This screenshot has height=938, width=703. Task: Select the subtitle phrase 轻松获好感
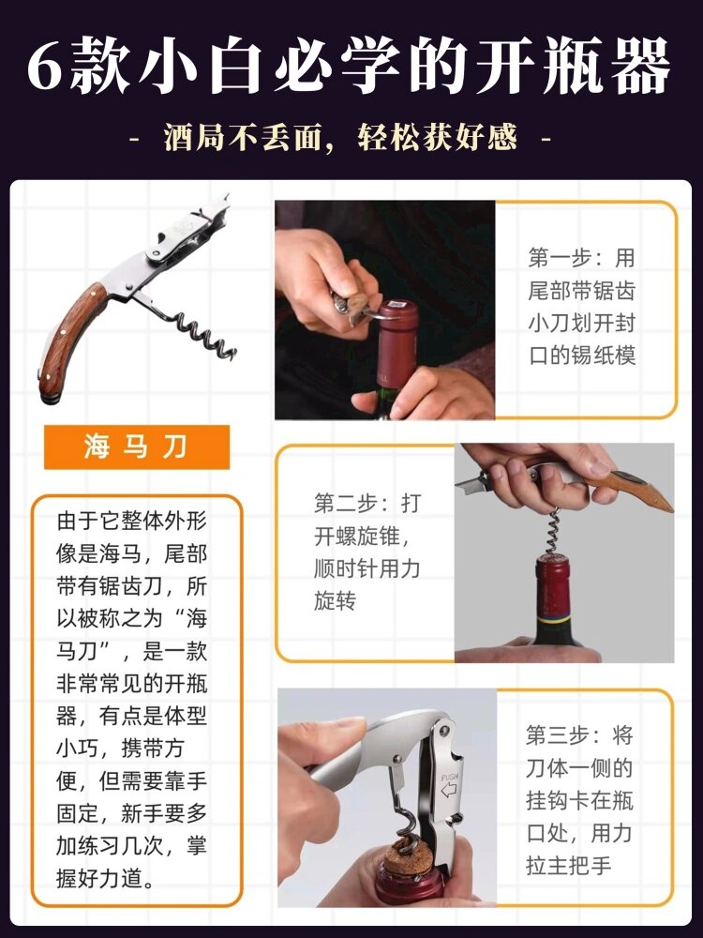coord(437,139)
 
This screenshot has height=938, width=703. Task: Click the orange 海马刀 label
coord(136,447)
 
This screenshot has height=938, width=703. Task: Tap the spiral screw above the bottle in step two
coord(555,533)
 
